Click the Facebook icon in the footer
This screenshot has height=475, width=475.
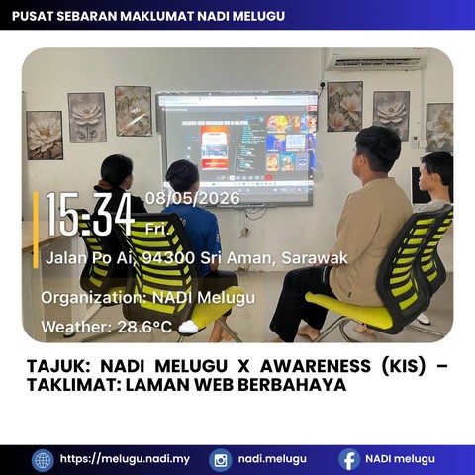tap(349, 459)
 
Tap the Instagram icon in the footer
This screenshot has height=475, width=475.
tap(220, 460)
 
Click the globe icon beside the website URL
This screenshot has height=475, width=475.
tap(43, 460)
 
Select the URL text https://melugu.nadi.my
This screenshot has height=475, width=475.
tap(125, 459)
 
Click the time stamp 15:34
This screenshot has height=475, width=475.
tap(90, 214)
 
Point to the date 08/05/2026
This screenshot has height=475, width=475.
tap(193, 198)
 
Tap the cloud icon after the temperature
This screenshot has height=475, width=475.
tap(188, 327)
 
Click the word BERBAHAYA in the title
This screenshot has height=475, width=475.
tap(292, 385)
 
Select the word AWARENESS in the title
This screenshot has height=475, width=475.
tap(316, 366)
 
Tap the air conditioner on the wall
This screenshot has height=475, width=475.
tap(376, 59)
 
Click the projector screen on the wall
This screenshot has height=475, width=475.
tap(237, 148)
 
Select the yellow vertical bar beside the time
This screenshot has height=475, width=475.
tap(36, 230)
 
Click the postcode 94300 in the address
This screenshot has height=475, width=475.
tap(168, 258)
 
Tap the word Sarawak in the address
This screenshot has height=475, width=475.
tap(315, 258)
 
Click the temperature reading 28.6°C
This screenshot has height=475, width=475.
tap(144, 327)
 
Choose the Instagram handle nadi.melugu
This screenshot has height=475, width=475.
tap(272, 459)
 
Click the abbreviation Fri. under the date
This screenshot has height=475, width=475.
tap(157, 229)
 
